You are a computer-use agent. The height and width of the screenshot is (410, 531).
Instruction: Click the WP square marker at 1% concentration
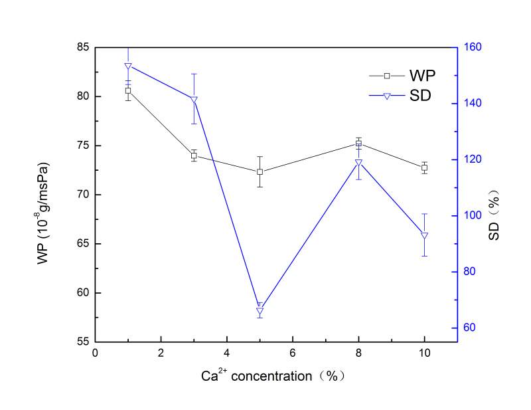pos(128,90)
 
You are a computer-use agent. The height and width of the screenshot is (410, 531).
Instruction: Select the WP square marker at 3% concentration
pos(194,155)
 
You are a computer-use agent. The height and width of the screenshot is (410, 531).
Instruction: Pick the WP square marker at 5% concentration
pos(260,171)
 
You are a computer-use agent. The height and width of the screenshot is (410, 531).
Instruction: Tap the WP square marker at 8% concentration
pos(358,144)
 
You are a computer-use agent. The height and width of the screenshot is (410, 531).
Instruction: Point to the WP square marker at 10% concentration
pos(424,167)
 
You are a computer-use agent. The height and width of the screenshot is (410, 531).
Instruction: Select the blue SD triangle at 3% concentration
pos(194,100)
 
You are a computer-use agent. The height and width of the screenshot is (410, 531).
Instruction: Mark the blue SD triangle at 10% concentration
pos(424,235)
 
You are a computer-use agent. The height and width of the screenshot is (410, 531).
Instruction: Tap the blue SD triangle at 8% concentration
pos(358,163)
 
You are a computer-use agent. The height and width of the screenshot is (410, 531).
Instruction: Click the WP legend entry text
pos(417,75)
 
